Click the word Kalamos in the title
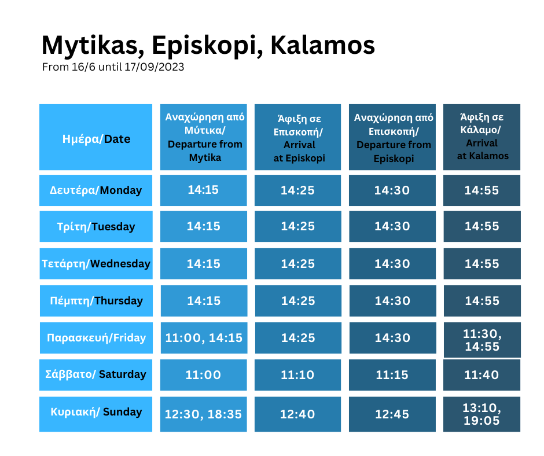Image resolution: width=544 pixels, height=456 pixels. click(x=322, y=45)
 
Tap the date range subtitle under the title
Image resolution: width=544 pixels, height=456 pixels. click(x=113, y=67)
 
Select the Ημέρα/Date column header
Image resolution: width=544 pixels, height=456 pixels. click(x=95, y=137)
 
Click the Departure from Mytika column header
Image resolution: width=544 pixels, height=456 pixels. click(x=204, y=137)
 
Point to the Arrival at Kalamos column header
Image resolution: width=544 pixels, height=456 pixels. click(x=482, y=137)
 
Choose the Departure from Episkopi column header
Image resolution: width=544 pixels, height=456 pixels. click(x=392, y=137)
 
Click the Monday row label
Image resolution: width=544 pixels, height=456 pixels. click(x=95, y=190)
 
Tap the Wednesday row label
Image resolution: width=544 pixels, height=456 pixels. click(x=96, y=263)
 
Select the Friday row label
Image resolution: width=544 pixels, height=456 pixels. click(x=97, y=338)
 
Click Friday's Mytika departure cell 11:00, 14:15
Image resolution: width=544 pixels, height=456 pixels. click(x=204, y=338)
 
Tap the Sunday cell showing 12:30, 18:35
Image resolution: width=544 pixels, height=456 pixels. click(x=204, y=414)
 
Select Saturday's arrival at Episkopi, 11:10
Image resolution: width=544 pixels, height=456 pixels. click(x=297, y=375)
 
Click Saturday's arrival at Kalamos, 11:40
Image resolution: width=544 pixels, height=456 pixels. click(x=482, y=375)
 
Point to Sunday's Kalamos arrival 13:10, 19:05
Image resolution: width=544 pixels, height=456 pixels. click(x=482, y=414)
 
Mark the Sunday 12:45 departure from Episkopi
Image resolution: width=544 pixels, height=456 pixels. click(x=392, y=414)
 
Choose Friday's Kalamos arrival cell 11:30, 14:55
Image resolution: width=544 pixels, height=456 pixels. click(x=482, y=340)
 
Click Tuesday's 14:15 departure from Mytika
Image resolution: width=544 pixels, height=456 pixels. click(x=204, y=226)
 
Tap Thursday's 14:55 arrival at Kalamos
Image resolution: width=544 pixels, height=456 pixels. click(x=482, y=300)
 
